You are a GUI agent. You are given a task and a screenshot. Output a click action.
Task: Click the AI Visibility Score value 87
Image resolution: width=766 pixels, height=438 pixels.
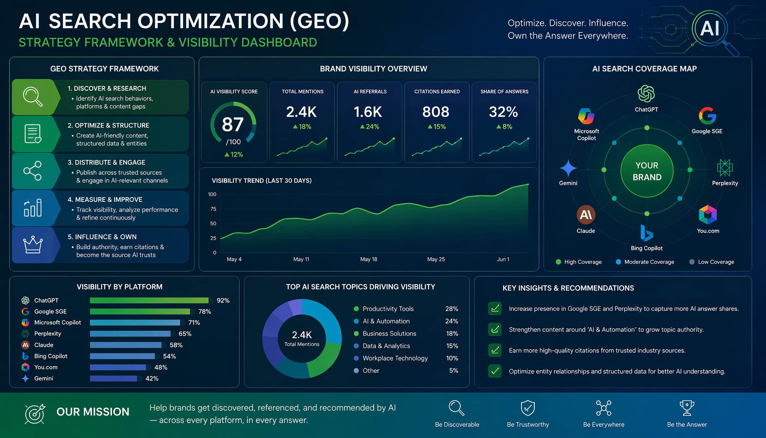[233, 124]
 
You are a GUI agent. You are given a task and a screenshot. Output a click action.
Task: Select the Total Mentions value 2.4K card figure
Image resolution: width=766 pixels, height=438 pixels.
[301, 112]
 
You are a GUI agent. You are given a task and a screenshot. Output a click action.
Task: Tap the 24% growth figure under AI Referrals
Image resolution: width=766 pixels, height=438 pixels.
[369, 127]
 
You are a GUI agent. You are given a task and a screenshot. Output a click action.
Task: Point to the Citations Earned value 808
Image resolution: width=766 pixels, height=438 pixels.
[436, 112]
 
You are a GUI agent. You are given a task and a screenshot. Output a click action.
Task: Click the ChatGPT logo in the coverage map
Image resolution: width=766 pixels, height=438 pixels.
[646, 94]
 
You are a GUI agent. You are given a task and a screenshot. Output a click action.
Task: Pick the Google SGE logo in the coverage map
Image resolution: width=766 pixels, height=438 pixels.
[707, 115]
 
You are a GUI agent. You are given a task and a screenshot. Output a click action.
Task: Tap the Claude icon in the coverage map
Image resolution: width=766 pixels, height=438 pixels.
[586, 215]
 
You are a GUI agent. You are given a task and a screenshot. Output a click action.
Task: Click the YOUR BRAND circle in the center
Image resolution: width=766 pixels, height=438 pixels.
[647, 171]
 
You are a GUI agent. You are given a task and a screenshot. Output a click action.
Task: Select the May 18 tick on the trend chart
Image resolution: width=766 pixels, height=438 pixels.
[368, 259]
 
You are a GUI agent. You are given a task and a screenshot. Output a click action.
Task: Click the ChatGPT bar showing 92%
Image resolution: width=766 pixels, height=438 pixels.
[149, 300]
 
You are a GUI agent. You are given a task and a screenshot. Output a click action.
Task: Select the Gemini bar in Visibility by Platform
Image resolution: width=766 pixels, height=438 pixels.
[113, 378]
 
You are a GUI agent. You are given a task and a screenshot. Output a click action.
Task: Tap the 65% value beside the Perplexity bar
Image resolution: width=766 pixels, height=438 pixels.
[185, 334]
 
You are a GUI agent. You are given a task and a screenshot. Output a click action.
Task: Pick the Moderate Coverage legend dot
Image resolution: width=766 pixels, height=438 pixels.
[618, 262]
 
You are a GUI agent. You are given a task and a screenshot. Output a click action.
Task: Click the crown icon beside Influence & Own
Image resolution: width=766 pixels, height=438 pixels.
[33, 245]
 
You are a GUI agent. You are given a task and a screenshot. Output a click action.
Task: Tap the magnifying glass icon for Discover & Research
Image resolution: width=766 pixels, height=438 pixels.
[33, 97]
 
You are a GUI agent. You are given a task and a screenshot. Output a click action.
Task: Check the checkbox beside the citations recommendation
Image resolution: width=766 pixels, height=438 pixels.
[495, 350]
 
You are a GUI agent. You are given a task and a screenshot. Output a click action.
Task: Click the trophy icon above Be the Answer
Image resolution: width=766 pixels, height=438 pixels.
[687, 408]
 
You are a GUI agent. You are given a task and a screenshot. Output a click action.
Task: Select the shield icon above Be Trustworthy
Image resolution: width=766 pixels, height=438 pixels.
[528, 408]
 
